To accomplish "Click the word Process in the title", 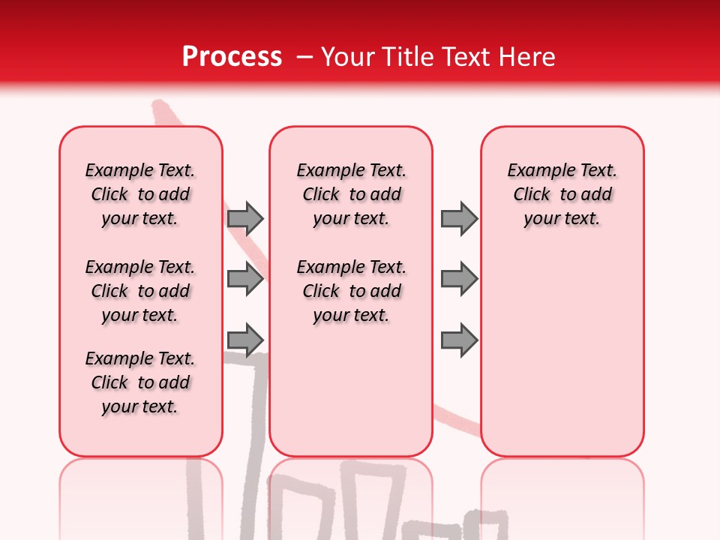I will coord(231,57).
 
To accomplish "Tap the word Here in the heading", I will coord(526,57).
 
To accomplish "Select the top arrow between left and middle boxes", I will coord(245,218).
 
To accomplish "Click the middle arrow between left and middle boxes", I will coord(245,279).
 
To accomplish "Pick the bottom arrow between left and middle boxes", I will coord(245,340).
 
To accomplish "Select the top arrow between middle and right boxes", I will coord(459,218).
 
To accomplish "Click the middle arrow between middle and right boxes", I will coord(459,279).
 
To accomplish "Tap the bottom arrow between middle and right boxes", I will coord(459,340).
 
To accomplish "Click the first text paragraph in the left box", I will coord(140,194).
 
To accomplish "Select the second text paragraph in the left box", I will coord(140,291).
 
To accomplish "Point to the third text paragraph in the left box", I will coord(140,382).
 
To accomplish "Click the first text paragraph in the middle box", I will coord(351,194).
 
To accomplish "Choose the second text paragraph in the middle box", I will coord(351,291).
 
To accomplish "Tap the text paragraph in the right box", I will coord(562,194).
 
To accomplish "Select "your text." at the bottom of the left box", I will coord(140,406).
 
